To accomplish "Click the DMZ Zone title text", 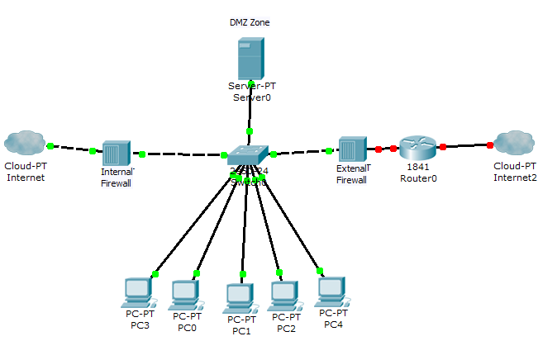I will [x=250, y=22].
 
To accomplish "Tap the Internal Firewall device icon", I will [x=117, y=153].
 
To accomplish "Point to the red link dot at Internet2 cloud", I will [x=490, y=145].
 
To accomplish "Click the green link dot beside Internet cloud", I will [x=50, y=146].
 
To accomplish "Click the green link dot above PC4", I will [x=319, y=269].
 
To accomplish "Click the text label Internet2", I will [x=515, y=177].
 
